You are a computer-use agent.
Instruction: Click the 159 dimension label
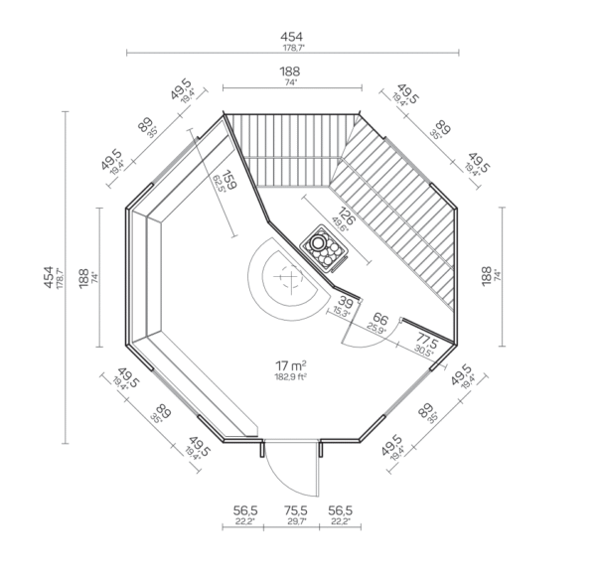(x=228, y=181)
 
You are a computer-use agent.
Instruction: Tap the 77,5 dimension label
(x=425, y=343)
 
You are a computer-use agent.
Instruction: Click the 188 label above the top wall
(x=290, y=72)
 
